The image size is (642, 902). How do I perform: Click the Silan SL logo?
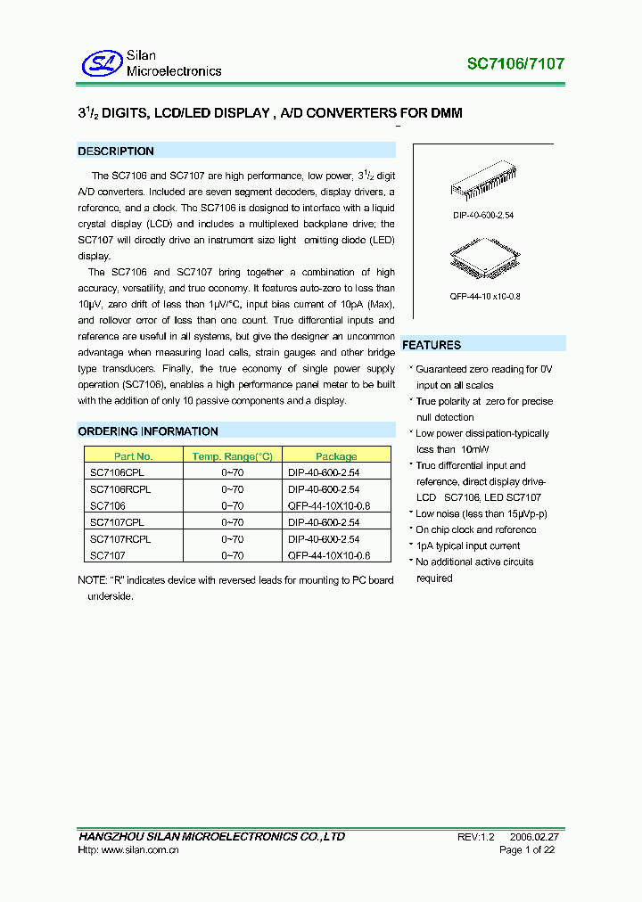[x=101, y=62]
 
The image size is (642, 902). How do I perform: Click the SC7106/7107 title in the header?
[x=515, y=64]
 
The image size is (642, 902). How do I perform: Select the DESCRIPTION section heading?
[x=116, y=152]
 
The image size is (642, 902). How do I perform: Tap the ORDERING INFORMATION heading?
[x=148, y=431]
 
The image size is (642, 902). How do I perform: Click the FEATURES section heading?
[x=432, y=345]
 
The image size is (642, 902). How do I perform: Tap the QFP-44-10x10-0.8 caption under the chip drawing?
[x=482, y=297]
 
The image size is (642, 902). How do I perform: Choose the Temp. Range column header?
[x=232, y=456]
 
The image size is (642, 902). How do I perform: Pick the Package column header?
[x=336, y=456]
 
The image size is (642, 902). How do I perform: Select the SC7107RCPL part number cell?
[x=120, y=539]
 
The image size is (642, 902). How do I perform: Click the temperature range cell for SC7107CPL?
[x=232, y=522]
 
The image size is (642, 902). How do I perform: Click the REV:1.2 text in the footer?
[x=474, y=837]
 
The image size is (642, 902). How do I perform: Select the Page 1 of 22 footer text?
[x=527, y=850]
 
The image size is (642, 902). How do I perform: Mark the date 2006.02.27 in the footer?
[x=534, y=837]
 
